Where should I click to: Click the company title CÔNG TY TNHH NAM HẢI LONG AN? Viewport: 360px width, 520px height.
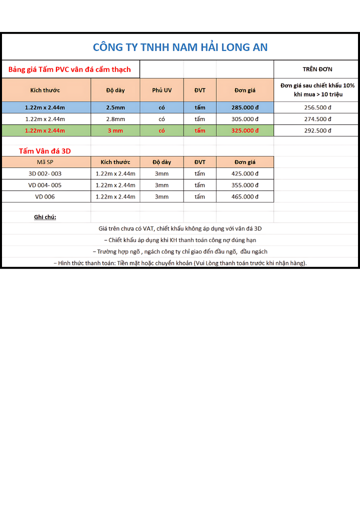180,47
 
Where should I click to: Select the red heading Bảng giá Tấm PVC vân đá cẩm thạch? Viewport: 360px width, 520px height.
69,69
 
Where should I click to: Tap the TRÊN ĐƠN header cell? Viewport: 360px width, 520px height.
317,69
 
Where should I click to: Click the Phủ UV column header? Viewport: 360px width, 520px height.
161,90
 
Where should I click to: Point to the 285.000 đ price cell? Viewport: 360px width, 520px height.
245,107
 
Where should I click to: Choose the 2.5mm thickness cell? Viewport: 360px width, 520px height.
115,107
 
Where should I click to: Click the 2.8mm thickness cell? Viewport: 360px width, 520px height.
115,119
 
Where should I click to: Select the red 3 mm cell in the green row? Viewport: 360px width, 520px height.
115,130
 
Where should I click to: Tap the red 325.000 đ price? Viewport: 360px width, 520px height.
245,130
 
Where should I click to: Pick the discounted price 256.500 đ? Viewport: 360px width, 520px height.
317,107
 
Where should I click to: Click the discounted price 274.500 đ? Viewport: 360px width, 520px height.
317,119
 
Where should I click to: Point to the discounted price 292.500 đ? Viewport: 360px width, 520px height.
317,130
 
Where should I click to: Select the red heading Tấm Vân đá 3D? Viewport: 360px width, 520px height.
45,150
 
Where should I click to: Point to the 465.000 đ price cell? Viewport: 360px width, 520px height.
245,196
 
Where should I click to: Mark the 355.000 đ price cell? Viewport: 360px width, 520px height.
245,185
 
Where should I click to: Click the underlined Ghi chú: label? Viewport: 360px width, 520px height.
45,217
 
